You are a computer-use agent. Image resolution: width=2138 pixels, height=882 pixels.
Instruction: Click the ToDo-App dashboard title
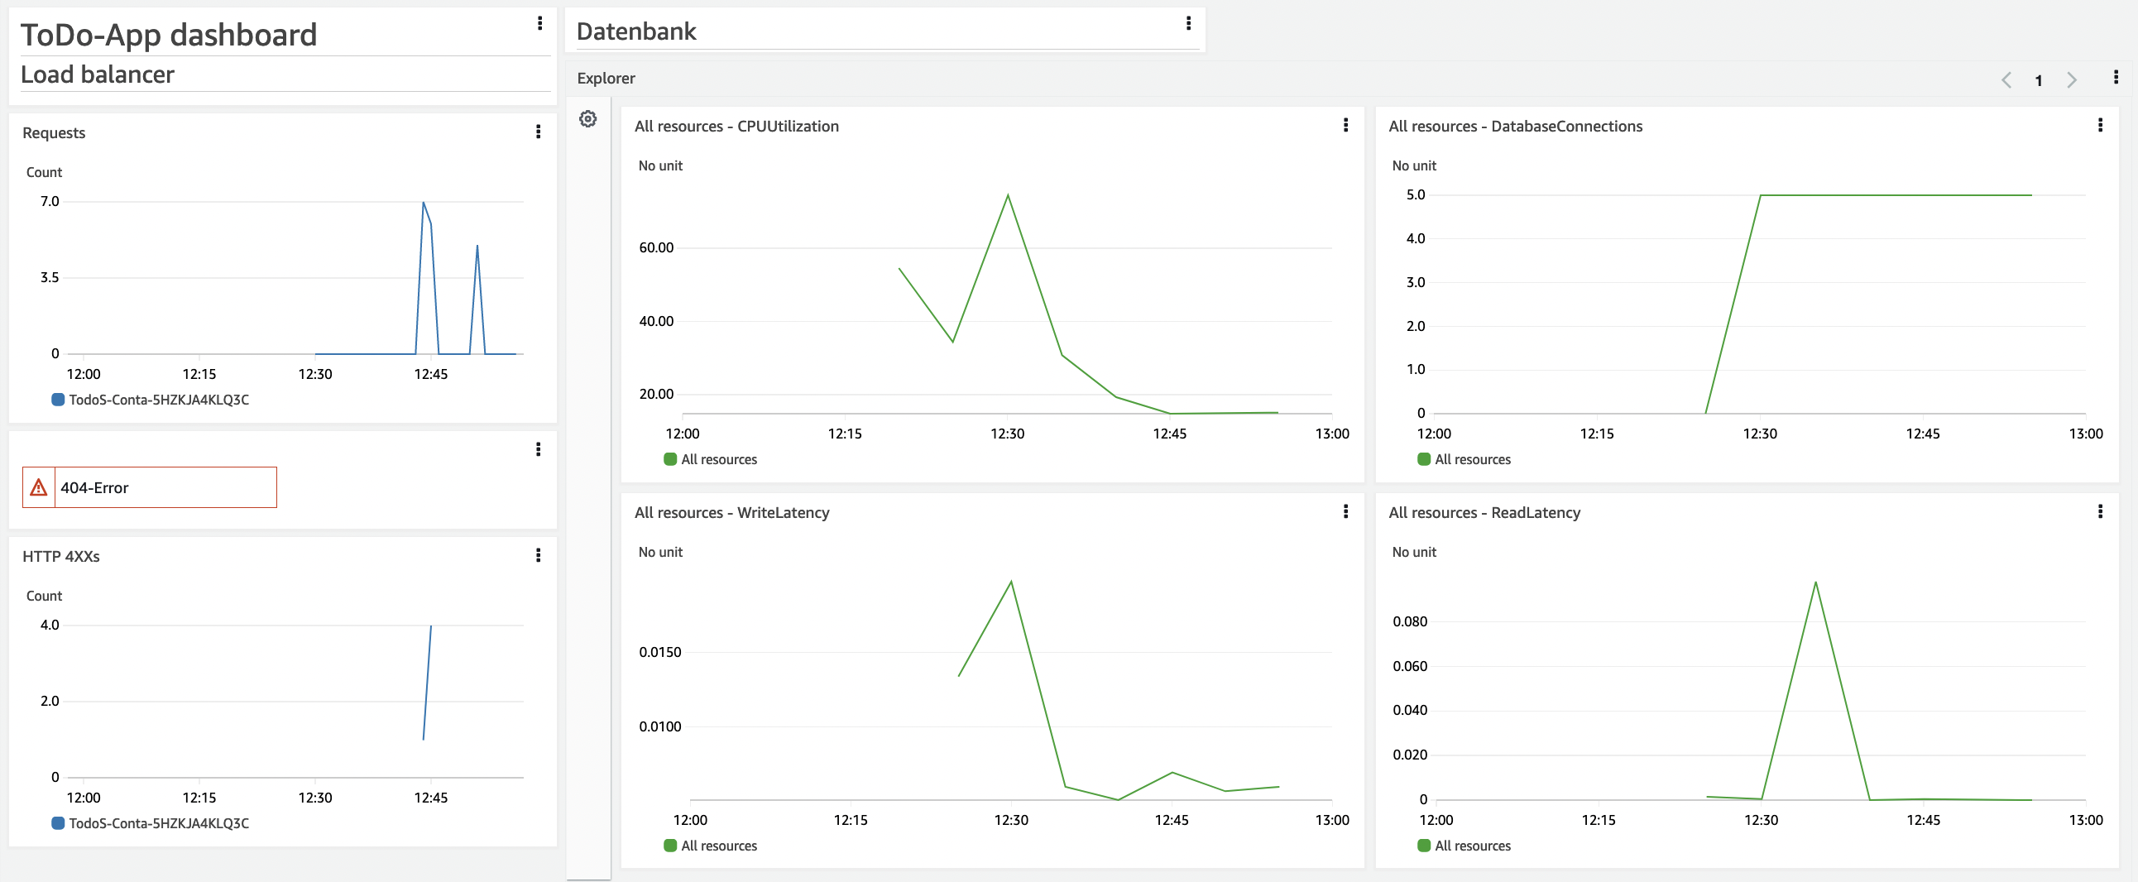(x=169, y=35)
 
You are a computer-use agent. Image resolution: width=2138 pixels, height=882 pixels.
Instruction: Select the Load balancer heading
(x=97, y=74)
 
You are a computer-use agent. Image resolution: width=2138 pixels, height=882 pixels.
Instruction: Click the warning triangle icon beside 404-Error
(x=38, y=488)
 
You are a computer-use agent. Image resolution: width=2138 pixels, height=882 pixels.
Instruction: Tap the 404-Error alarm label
(x=94, y=488)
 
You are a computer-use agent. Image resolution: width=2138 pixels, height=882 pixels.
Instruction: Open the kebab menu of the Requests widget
(x=539, y=132)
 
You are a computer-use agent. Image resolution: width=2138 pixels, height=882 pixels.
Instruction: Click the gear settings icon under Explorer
(x=587, y=118)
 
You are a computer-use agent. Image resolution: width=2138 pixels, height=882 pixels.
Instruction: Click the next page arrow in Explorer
(x=2072, y=79)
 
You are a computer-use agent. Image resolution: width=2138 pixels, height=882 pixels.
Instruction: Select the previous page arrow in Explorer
(x=2006, y=79)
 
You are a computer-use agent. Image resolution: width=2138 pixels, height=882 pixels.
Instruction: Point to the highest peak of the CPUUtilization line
(x=1008, y=195)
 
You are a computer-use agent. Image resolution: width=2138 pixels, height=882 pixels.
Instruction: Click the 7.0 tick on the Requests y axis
(x=50, y=202)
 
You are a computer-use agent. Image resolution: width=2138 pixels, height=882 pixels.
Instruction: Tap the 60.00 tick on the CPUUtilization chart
(x=655, y=247)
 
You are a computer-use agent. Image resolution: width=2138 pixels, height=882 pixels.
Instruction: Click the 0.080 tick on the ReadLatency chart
(x=1409, y=621)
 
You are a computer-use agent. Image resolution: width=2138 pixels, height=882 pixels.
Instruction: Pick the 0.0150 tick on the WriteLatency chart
(x=659, y=652)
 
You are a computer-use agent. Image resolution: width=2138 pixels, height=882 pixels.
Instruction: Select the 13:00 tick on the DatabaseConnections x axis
(x=2085, y=434)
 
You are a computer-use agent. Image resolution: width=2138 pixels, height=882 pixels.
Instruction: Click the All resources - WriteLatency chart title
(x=731, y=513)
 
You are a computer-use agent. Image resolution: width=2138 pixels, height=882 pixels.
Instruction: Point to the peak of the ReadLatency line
(x=1815, y=582)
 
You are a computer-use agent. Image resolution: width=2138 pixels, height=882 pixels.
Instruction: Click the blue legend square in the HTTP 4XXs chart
(x=58, y=823)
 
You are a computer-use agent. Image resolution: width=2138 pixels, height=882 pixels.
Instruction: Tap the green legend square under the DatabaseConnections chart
(x=1423, y=459)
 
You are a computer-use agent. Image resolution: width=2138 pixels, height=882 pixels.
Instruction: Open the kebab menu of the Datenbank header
(x=1188, y=23)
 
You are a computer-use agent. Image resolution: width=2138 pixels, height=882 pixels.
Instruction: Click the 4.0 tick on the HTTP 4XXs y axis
(x=50, y=625)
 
